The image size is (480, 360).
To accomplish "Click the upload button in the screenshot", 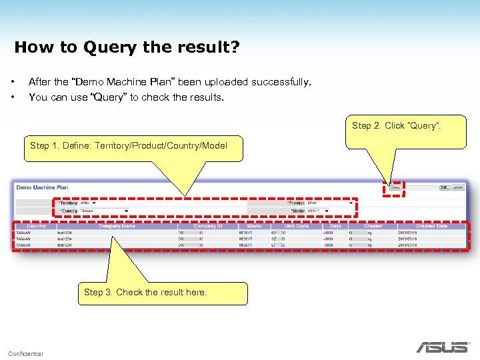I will (458, 188).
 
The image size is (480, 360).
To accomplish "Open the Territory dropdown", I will (94, 203).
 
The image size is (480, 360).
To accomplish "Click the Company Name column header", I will (117, 226).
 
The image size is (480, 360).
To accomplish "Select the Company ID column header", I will (207, 226).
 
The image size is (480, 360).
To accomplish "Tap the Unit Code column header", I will (297, 226).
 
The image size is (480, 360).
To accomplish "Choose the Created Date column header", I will (431, 226).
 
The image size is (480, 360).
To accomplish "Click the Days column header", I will (335, 226).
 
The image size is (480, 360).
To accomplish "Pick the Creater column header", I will (373, 226).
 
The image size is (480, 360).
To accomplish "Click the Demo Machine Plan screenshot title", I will (42, 187).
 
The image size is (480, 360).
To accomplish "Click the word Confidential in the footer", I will (26, 353).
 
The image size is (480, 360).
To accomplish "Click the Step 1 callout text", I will (129, 145).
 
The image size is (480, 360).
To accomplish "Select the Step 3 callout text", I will (145, 292).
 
